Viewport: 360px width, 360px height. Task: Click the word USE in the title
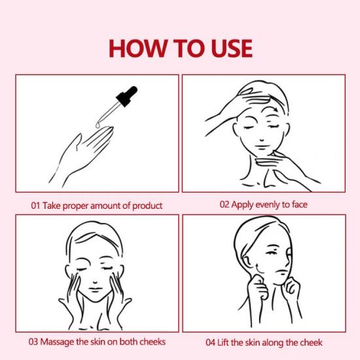click(x=232, y=48)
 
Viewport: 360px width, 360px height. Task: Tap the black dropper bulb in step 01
click(x=127, y=96)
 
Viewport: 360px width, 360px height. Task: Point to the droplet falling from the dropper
click(x=98, y=125)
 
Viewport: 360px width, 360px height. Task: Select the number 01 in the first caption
click(x=35, y=206)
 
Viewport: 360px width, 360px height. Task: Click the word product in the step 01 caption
click(x=147, y=206)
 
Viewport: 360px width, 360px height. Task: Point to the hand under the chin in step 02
click(x=287, y=168)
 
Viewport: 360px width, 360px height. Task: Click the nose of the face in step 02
click(x=262, y=139)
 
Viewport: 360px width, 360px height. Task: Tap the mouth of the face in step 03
click(x=95, y=289)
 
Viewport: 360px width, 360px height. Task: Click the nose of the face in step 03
click(x=95, y=281)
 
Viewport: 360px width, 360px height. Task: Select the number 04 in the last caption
click(x=211, y=343)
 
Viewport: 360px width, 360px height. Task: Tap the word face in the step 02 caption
click(x=300, y=204)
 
